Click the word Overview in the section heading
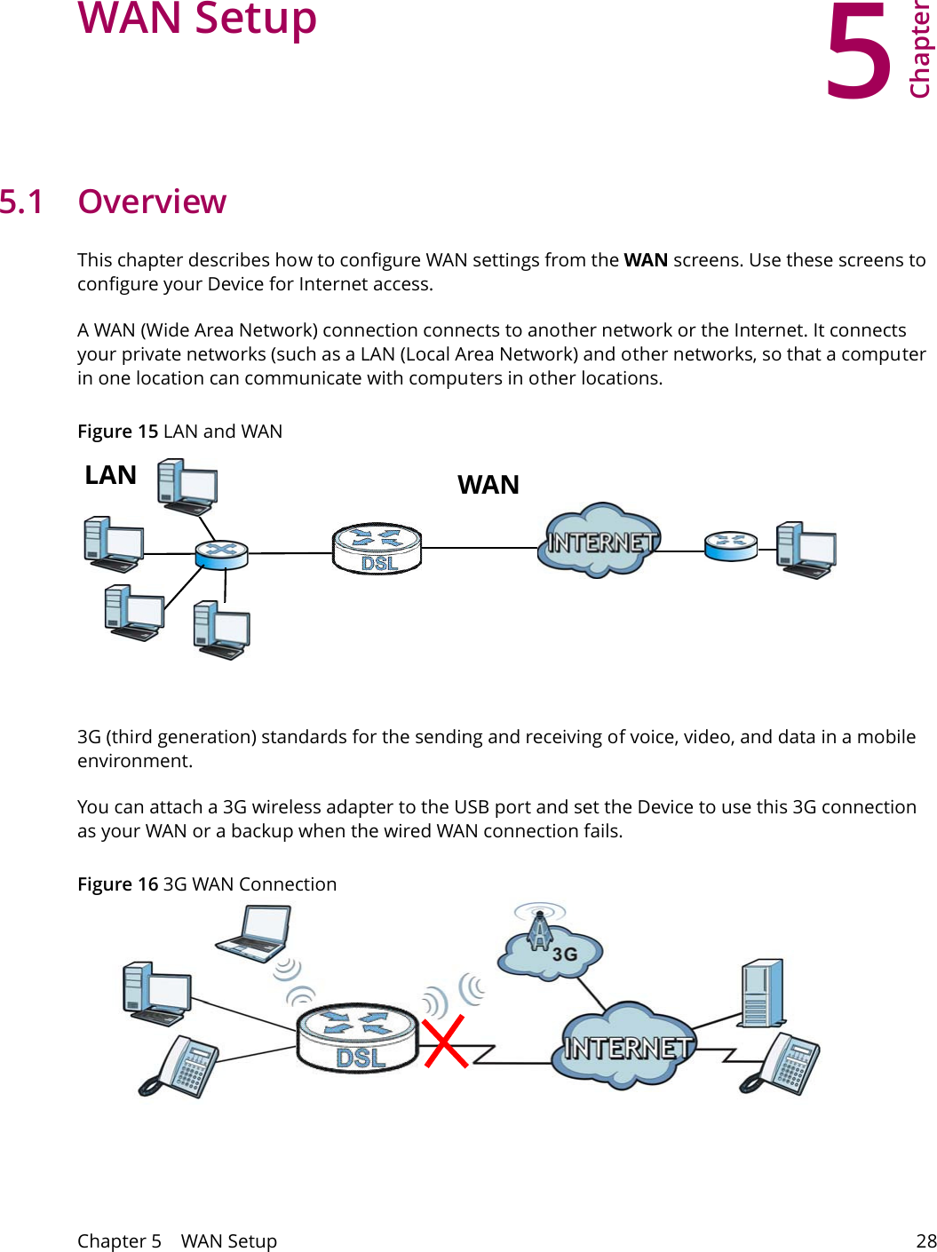[x=152, y=202]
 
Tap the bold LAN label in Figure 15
[x=110, y=475]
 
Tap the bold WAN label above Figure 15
[x=488, y=485]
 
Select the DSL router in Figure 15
[x=377, y=548]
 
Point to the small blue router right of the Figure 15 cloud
[x=730, y=545]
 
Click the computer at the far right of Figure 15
[x=805, y=551]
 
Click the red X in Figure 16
[x=444, y=1042]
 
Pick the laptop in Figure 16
[x=254, y=932]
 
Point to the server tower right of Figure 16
[x=762, y=993]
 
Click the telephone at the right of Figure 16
[x=782, y=1064]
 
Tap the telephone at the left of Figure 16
[x=179, y=1066]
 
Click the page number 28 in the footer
[x=925, y=1240]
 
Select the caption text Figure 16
[x=117, y=884]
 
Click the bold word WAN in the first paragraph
[x=646, y=260]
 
